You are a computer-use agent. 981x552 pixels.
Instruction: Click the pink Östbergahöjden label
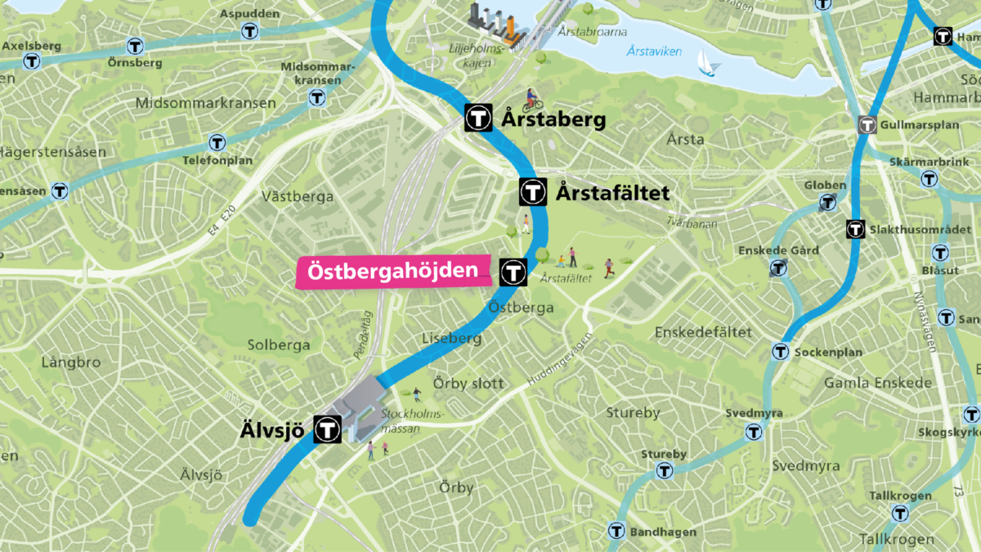pyautogui.click(x=392, y=271)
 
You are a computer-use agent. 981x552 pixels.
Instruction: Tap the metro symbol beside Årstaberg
pyautogui.click(x=477, y=118)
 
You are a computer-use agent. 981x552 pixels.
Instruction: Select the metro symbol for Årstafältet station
pyautogui.click(x=532, y=192)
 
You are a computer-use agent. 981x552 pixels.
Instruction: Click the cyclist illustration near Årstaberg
pyautogui.click(x=532, y=101)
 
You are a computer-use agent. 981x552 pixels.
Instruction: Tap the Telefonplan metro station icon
pyautogui.click(x=217, y=143)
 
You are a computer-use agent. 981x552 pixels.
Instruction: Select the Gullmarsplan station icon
pyautogui.click(x=867, y=125)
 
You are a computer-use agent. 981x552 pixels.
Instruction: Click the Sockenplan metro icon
pyautogui.click(x=780, y=352)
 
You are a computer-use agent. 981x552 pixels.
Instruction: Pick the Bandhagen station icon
pyautogui.click(x=616, y=532)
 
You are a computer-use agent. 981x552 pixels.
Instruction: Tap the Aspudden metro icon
pyautogui.click(x=250, y=32)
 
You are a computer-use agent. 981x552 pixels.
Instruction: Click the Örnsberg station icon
pyautogui.click(x=133, y=46)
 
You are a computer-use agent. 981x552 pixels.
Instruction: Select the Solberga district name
pyautogui.click(x=279, y=345)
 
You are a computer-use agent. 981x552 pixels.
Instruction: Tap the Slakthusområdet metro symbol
pyautogui.click(x=855, y=229)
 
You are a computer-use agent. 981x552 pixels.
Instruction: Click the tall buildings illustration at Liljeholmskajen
pyautogui.click(x=492, y=23)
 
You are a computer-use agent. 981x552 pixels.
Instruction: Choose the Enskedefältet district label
pyautogui.click(x=703, y=332)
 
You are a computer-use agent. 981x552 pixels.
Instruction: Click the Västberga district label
pyautogui.click(x=297, y=196)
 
